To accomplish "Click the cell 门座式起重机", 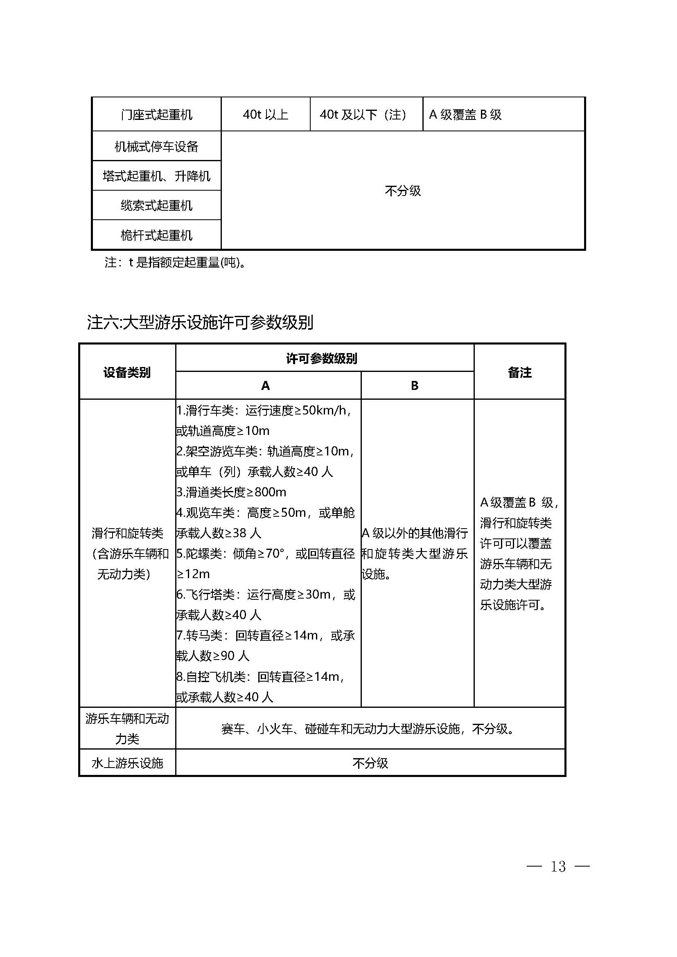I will pyautogui.click(x=156, y=115).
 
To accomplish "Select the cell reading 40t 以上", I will pyautogui.click(x=266, y=115).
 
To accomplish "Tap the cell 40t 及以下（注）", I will pyautogui.click(x=363, y=115).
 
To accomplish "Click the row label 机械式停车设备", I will pyautogui.click(x=156, y=147).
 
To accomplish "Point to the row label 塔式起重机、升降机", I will pyautogui.click(x=156, y=176).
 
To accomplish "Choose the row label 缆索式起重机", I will pyautogui.click(x=156, y=205).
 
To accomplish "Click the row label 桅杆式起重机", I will pyautogui.click(x=156, y=236).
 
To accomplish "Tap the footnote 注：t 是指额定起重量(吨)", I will pyautogui.click(x=175, y=263).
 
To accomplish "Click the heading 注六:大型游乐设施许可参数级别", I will pyautogui.click(x=200, y=322).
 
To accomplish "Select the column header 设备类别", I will pyautogui.click(x=127, y=372).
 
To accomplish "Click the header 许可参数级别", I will pyautogui.click(x=321, y=358).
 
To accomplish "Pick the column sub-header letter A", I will pyautogui.click(x=266, y=386).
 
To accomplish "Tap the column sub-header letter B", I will pyautogui.click(x=414, y=386).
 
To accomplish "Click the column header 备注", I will pyautogui.click(x=519, y=372).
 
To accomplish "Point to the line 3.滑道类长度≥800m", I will pyautogui.click(x=231, y=492).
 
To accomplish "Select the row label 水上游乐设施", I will pyautogui.click(x=127, y=763).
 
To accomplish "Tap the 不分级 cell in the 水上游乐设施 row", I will pyautogui.click(x=370, y=763).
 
